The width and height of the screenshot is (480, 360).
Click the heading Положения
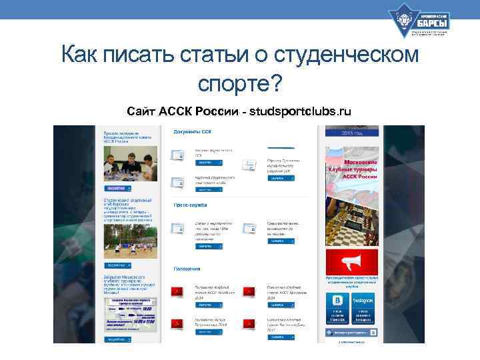click(x=187, y=269)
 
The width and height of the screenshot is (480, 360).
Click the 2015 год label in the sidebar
click(x=351, y=133)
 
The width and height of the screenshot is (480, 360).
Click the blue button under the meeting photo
click(x=117, y=189)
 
